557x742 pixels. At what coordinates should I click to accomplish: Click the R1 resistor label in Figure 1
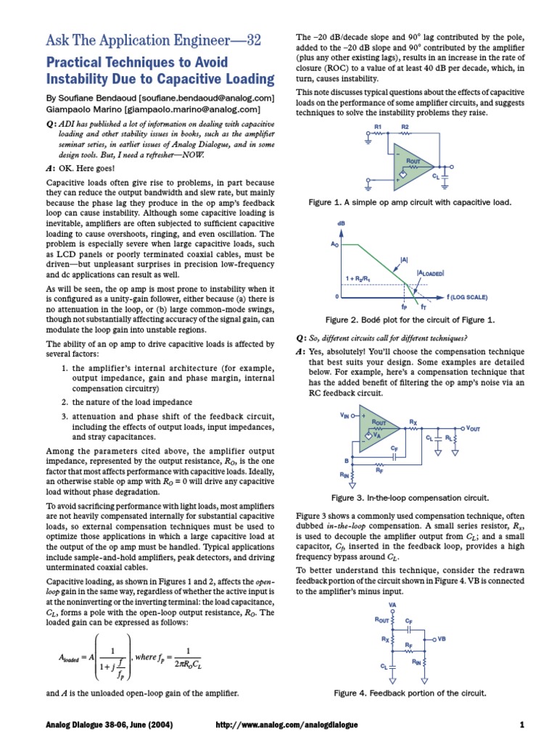(x=377, y=127)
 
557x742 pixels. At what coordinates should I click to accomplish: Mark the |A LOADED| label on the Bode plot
(x=430, y=272)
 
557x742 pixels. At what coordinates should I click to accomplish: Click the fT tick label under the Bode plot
(x=424, y=308)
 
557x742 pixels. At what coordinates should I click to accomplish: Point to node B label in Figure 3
(x=346, y=460)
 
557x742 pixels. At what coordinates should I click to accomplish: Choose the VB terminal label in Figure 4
(x=442, y=639)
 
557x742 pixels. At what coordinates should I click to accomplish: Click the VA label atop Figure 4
(x=392, y=604)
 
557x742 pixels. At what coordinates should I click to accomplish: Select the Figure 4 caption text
(x=409, y=693)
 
